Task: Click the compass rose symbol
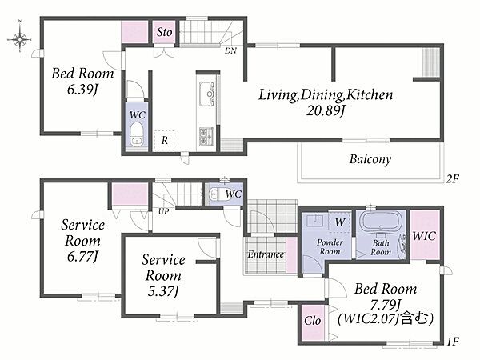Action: click(x=19, y=39)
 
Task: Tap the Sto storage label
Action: click(x=164, y=32)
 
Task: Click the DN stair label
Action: click(x=230, y=51)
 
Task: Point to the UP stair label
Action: click(x=163, y=211)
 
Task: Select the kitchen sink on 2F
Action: click(x=206, y=94)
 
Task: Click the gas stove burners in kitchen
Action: click(x=206, y=136)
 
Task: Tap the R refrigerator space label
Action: click(x=164, y=140)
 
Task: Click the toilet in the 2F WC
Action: click(x=136, y=135)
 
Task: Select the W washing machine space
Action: click(x=340, y=222)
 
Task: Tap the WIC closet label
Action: click(x=424, y=236)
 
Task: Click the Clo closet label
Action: click(x=313, y=321)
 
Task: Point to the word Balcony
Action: click(x=370, y=159)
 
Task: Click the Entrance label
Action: click(x=266, y=254)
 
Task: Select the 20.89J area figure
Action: click(x=326, y=111)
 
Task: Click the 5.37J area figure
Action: click(x=163, y=291)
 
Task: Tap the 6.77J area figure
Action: click(x=82, y=257)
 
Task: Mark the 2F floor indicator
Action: click(x=453, y=178)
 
